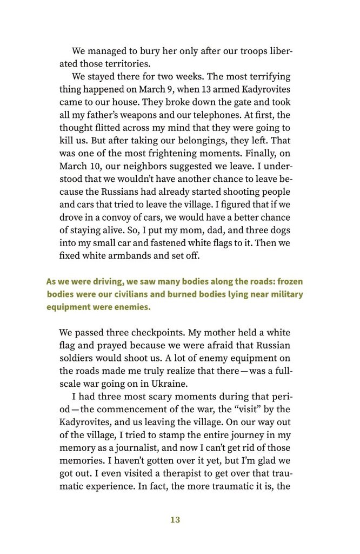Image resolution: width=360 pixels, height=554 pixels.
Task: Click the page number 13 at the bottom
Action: [x=175, y=520]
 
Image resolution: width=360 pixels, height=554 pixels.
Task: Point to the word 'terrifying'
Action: [x=267, y=77]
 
